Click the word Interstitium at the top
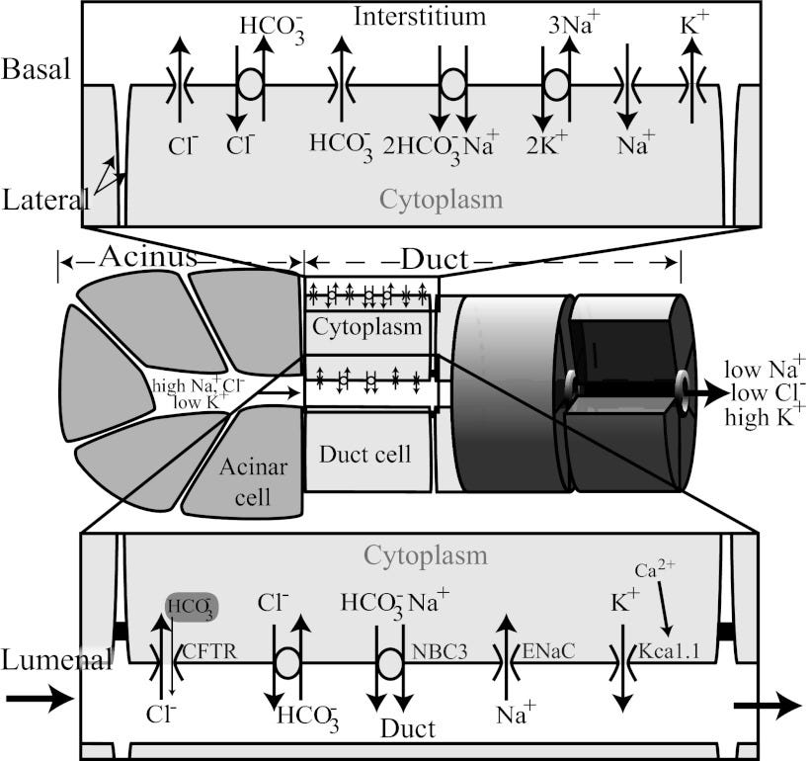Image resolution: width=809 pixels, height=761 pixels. coord(420,17)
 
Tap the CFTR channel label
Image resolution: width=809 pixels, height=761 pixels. coord(210,651)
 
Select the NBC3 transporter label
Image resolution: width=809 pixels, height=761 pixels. coord(440,652)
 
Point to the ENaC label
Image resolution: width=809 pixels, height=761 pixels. coord(548,651)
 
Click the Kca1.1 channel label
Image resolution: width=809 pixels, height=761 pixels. coord(669,651)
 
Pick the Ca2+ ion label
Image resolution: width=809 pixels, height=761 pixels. coord(655,569)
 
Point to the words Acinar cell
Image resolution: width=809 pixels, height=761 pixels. coord(253,481)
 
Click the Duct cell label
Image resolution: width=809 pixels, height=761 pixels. coord(365,455)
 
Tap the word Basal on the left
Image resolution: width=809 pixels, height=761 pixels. coord(36,68)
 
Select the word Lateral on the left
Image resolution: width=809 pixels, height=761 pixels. coord(45,201)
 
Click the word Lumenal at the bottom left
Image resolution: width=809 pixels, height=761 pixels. coord(56,660)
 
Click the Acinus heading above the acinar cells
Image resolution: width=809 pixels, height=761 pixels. coord(148,257)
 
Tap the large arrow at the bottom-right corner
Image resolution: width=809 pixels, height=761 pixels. coord(768,706)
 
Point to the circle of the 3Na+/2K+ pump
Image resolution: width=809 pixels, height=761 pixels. coord(557,85)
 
